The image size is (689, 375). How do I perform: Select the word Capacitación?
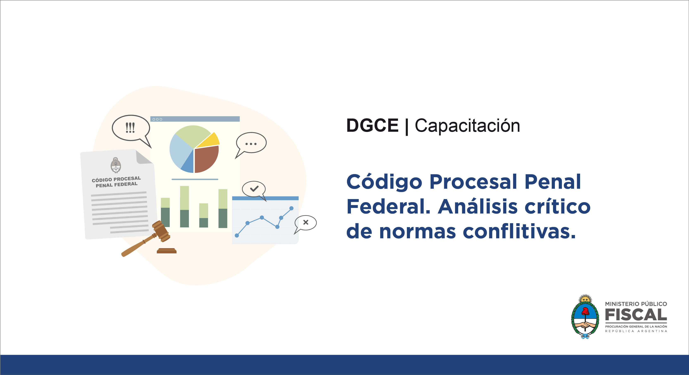pos(467,125)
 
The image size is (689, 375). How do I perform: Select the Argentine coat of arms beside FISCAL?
pos(585,317)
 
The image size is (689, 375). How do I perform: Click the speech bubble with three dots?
pos(251,145)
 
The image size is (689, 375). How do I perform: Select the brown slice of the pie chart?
pos(206,159)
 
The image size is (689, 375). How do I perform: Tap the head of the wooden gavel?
pos(161,231)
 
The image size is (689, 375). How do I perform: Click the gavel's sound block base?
pos(167,251)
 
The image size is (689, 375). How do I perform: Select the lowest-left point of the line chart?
pos(237,235)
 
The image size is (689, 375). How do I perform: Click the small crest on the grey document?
pos(116,165)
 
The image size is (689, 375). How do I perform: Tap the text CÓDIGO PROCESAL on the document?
pos(116,179)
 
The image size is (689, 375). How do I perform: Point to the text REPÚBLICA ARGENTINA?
pos(636,331)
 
